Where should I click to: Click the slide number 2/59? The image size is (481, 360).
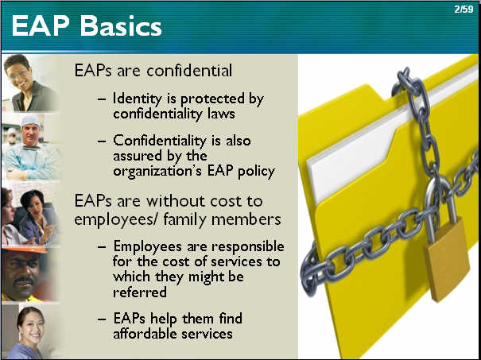(464, 10)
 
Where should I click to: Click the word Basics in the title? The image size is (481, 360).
(121, 26)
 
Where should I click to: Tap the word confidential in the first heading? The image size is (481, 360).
(189, 70)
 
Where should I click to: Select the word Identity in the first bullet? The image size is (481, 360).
(138, 99)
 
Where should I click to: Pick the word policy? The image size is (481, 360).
(256, 172)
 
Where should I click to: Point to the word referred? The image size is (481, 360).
(140, 292)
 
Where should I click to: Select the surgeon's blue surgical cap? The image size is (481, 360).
(30, 121)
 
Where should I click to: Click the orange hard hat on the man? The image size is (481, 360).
(24, 249)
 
